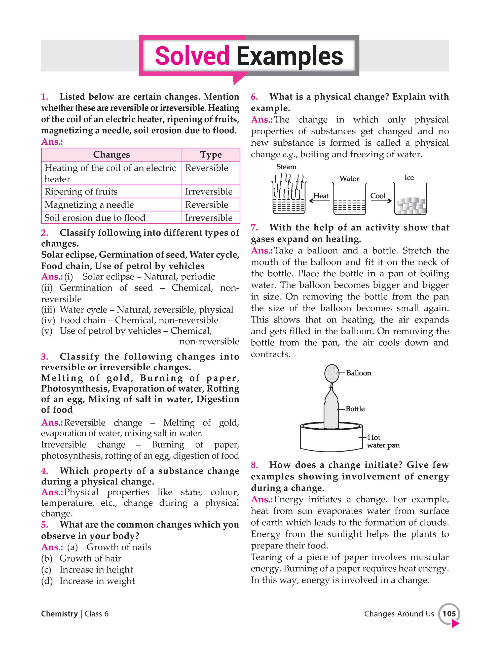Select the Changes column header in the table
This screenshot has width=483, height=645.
(111, 154)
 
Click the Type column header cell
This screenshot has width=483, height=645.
(211, 154)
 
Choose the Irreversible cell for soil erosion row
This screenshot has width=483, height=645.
(209, 217)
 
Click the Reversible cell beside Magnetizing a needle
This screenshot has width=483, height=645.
(207, 204)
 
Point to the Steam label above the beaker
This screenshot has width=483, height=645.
(286, 167)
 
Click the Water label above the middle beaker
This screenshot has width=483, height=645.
(349, 178)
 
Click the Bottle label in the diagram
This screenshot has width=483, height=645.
(355, 409)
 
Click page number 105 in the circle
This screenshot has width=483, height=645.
(449, 614)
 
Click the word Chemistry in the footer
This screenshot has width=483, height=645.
(59, 614)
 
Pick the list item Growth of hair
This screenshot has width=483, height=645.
(90, 558)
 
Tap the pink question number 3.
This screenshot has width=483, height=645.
(45, 356)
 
